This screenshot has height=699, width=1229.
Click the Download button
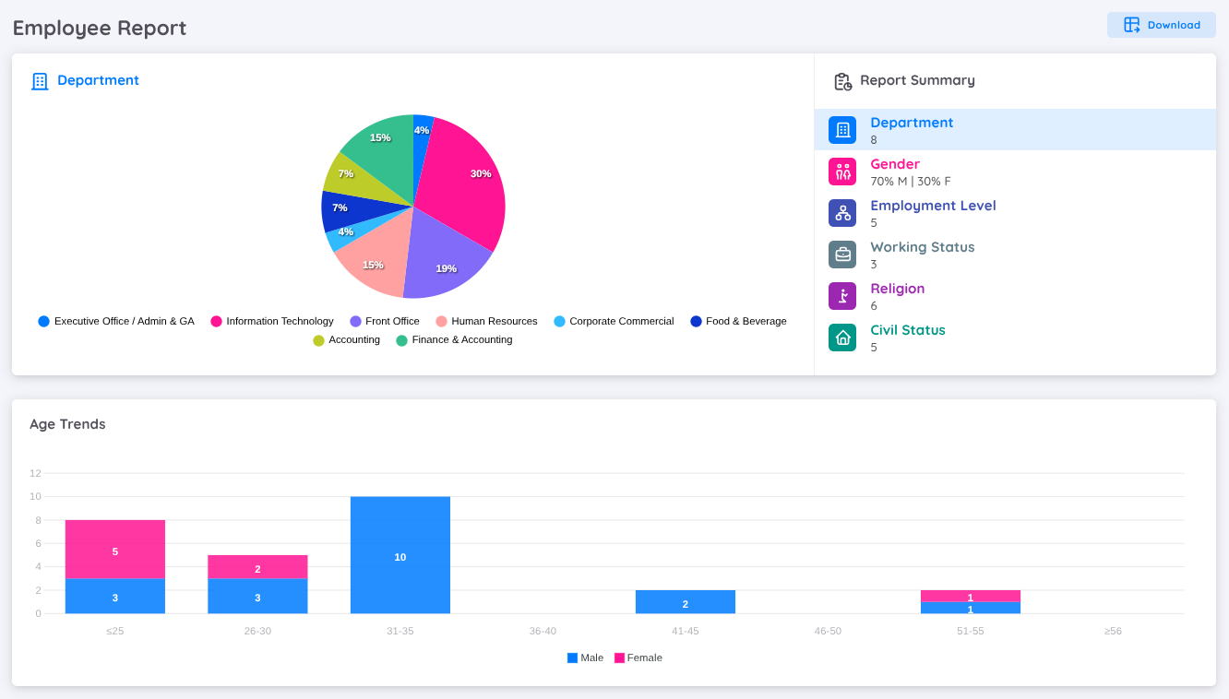tap(1161, 25)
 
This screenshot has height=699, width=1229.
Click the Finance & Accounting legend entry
tap(454, 340)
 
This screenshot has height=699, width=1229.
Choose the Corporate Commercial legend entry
tap(614, 322)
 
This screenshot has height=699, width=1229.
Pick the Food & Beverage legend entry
tap(738, 322)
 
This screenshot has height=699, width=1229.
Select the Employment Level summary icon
tap(842, 213)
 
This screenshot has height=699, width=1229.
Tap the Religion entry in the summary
tap(897, 296)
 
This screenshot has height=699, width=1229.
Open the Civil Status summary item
tap(907, 338)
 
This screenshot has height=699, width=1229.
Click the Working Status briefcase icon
tap(842, 255)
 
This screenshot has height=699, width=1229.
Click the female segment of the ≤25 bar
tap(114, 550)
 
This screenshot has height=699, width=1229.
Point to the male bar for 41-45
tap(685, 602)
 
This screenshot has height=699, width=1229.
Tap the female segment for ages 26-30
tap(257, 567)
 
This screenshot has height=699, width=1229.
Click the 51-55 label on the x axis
tap(970, 632)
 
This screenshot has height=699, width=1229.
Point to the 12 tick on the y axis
tap(35, 473)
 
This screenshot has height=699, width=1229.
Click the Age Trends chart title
tap(67, 424)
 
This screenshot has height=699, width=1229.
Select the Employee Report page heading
tap(100, 28)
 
